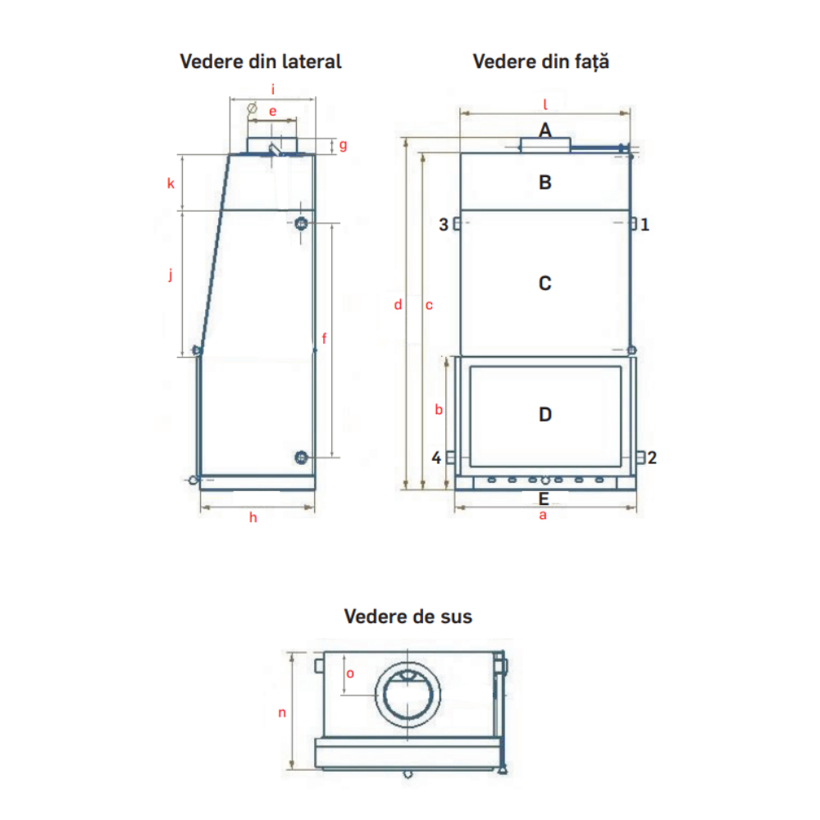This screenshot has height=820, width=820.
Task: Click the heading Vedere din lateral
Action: [x=261, y=61]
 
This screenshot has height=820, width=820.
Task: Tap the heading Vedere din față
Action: [x=540, y=61]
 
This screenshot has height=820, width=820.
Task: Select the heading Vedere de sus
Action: [x=408, y=617]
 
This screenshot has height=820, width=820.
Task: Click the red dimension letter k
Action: [x=171, y=183]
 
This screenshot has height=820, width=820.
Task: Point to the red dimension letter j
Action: [x=171, y=274]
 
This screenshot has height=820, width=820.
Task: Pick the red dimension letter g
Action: [x=343, y=145]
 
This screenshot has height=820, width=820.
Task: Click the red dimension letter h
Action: [x=253, y=517]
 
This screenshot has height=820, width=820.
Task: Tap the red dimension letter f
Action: [x=324, y=339]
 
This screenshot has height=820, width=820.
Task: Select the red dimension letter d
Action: [x=398, y=304]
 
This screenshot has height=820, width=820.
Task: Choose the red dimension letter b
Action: [x=439, y=409]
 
